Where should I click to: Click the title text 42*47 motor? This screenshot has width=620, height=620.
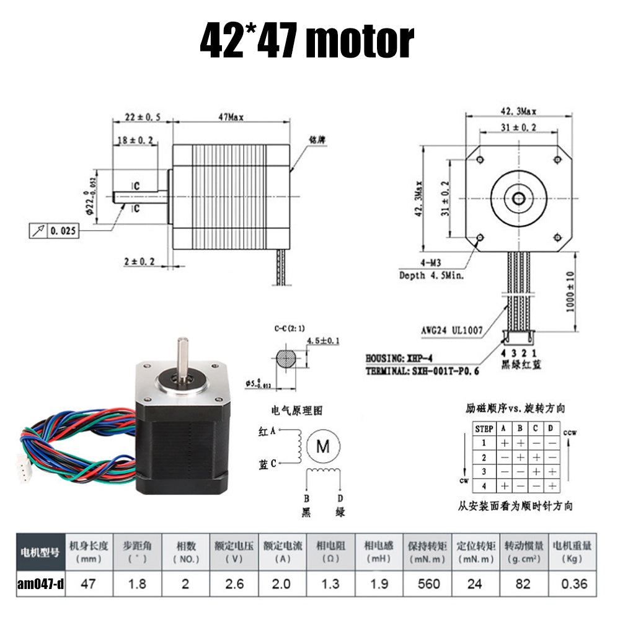(x=306, y=41)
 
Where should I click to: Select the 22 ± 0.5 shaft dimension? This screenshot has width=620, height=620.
(x=141, y=117)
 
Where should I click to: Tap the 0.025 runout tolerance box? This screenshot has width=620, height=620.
(x=55, y=231)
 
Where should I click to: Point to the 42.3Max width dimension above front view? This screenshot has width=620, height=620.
(x=518, y=112)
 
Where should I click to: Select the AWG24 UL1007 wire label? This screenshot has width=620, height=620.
(x=451, y=330)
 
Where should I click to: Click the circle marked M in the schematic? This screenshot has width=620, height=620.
(x=324, y=446)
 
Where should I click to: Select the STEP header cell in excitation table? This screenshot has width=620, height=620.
(x=484, y=428)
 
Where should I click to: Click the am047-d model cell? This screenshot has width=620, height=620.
(x=40, y=583)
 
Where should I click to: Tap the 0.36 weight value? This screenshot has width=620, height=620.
(x=572, y=583)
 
